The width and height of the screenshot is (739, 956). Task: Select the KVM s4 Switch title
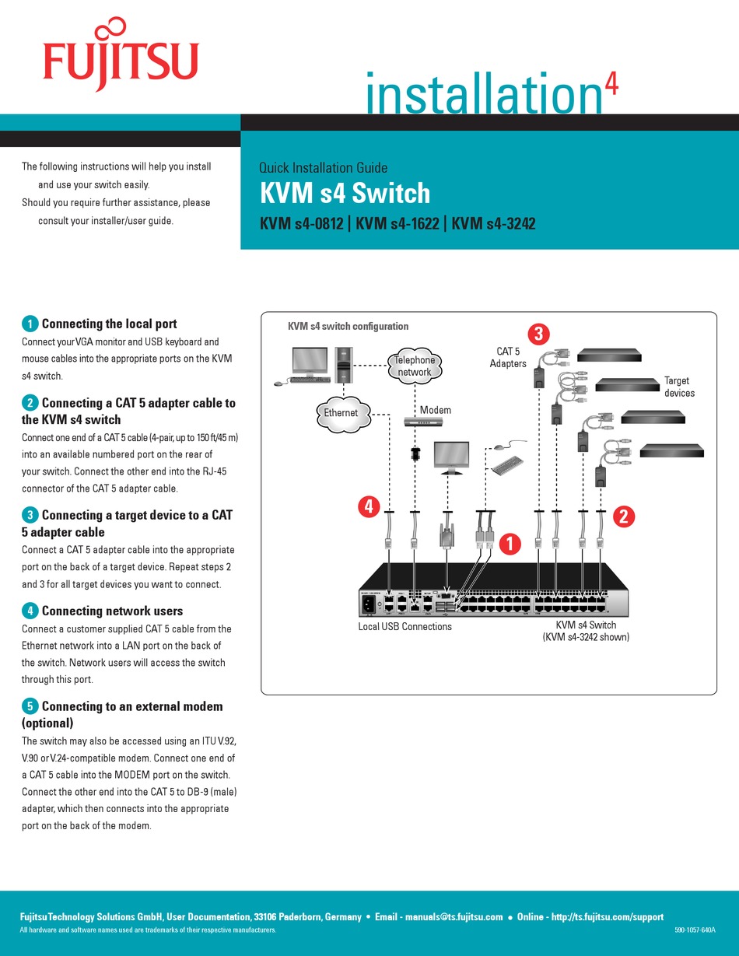344,193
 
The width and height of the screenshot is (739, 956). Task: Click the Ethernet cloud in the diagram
341,413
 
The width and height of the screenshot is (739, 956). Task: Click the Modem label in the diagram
435,410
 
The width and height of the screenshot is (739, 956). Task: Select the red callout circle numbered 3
538,334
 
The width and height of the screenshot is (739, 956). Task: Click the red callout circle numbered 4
369,507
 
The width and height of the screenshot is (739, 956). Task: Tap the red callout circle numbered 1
509,544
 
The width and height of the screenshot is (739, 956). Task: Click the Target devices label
678,387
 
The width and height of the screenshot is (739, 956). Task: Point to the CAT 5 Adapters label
508,358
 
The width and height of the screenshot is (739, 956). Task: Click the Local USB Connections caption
405,626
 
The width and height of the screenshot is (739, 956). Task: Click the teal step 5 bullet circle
30,706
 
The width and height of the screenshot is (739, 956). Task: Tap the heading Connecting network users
112,611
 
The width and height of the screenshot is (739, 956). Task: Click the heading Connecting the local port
109,324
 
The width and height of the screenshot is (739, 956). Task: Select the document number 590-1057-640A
695,930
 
